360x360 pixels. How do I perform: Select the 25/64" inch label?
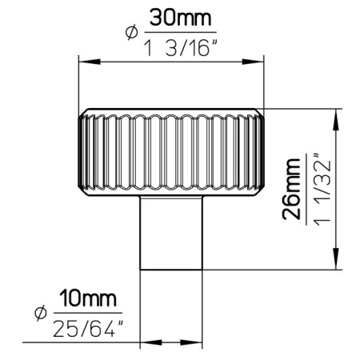point(88,328)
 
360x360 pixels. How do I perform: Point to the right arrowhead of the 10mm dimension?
point(195,345)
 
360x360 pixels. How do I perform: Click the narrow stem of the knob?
point(170,232)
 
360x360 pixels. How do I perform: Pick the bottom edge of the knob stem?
point(170,270)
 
